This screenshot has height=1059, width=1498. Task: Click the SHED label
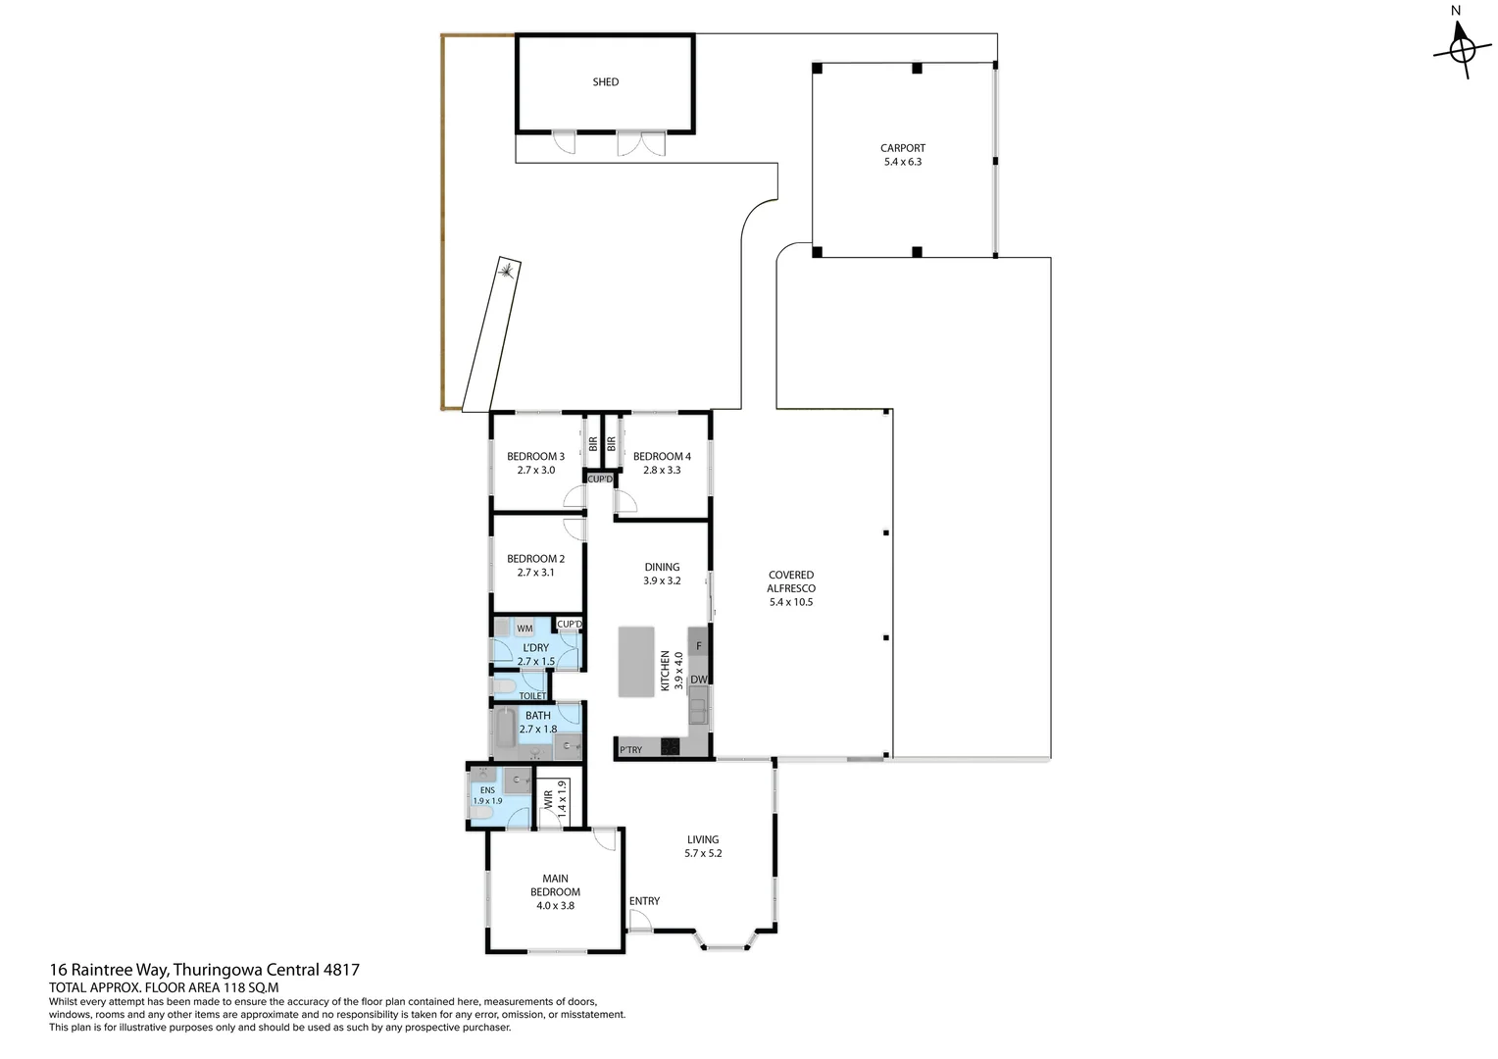[x=605, y=82]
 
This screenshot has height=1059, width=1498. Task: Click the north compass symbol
[x=1462, y=48]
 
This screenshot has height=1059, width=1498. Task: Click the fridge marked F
[x=698, y=646]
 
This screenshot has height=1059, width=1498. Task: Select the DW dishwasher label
[x=698, y=680]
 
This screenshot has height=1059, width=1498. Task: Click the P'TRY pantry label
[x=630, y=750]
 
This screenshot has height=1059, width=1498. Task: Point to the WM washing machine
[x=524, y=629]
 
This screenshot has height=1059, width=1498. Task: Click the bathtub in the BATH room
[x=506, y=731]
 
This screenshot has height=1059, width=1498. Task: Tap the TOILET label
[x=532, y=696]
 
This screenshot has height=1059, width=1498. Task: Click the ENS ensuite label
[x=487, y=789]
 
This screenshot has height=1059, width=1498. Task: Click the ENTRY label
[x=644, y=901]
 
